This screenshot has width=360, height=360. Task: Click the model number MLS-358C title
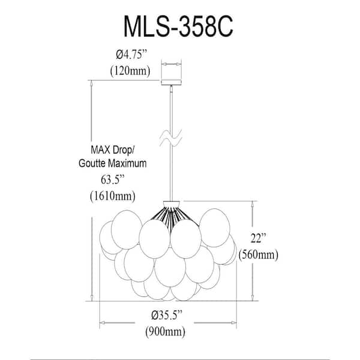178,26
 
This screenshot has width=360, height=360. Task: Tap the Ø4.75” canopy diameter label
131,55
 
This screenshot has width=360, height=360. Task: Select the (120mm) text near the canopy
130,71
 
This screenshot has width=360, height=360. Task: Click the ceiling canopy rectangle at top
171,82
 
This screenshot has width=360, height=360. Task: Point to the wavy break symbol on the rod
171,138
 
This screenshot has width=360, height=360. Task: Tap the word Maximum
127,163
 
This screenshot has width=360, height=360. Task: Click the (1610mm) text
113,196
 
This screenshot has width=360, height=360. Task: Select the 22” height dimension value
258,238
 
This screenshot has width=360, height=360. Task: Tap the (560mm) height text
258,254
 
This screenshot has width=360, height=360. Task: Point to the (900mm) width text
166,332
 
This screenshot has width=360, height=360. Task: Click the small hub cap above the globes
171,204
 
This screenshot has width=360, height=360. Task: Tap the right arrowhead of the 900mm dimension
233,323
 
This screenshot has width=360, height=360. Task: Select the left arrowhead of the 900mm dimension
103,323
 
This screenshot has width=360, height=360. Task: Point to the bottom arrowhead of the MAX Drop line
92,298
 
